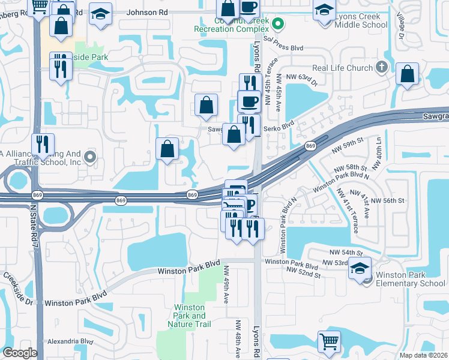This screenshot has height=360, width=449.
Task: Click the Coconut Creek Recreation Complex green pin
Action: coord(277,25)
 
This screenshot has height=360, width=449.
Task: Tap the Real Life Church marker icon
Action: coord(381,68)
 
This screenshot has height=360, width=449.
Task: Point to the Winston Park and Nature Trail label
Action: coord(190,316)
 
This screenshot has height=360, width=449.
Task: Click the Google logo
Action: coord(20,353)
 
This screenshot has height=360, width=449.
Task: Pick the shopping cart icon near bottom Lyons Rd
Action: coord(328,341)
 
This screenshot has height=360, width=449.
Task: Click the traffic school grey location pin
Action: coord(90,158)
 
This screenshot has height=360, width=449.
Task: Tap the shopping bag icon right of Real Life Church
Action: coord(407,75)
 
